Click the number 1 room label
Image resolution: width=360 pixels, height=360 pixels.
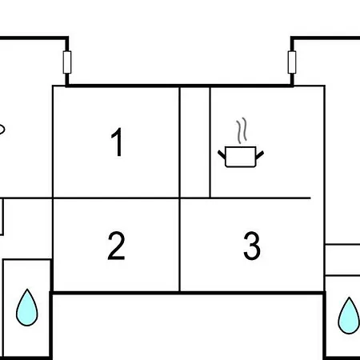118,142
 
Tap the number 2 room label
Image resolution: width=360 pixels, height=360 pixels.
116,246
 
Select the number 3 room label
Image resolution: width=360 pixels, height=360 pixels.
252,246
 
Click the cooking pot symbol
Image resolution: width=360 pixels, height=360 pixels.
241,157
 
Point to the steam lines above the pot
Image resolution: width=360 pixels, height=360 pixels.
242,130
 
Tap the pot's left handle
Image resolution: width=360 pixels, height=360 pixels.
222,154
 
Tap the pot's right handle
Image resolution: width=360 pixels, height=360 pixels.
260,154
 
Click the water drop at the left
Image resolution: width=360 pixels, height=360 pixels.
27,308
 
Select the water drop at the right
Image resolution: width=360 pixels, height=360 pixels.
349,316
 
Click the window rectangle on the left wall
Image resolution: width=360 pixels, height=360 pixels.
67,62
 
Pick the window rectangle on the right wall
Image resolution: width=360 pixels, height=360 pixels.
292,62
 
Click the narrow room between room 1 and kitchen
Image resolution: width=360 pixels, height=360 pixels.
195,142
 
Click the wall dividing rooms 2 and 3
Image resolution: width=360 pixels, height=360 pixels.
180,245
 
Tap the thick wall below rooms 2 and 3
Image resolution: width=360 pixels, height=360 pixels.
188,294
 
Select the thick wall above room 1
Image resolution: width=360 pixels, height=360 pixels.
179,86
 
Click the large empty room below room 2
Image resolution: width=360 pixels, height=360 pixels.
188,327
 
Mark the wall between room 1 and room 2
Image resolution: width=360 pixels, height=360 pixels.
116,198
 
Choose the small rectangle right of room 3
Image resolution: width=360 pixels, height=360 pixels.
342,260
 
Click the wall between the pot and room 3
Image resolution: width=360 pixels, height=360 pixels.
260,198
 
